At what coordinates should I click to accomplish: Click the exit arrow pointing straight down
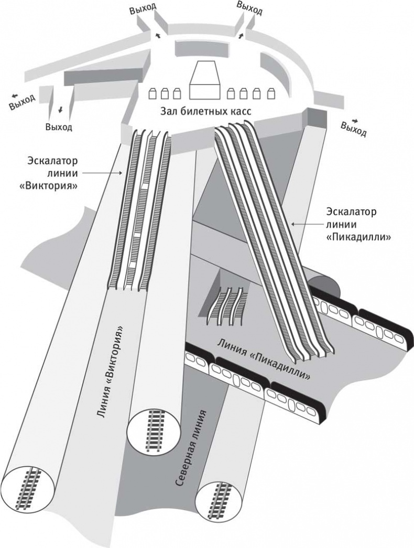60,109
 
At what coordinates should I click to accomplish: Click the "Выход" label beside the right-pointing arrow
353,129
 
